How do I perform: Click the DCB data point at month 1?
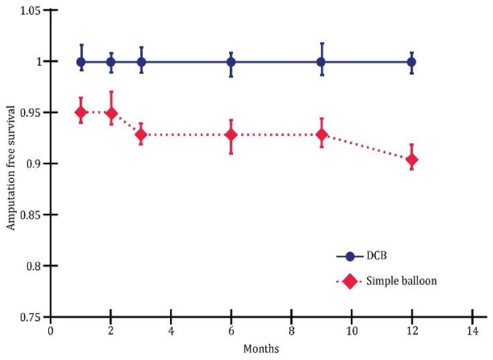click(x=81, y=62)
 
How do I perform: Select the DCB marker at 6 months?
click(x=231, y=62)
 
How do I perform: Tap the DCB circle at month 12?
click(x=411, y=62)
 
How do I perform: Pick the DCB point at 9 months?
click(x=322, y=62)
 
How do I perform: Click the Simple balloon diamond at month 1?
click(x=81, y=112)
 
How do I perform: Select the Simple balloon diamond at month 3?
click(x=141, y=135)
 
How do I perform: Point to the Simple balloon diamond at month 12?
click(x=411, y=160)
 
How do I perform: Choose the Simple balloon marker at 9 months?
click(x=322, y=135)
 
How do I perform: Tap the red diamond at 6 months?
click(x=231, y=135)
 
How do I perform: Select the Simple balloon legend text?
click(x=402, y=281)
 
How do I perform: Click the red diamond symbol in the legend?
click(x=349, y=281)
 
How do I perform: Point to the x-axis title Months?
click(x=262, y=349)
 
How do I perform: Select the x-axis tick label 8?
click(x=291, y=331)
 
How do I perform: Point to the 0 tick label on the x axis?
click(x=51, y=331)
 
